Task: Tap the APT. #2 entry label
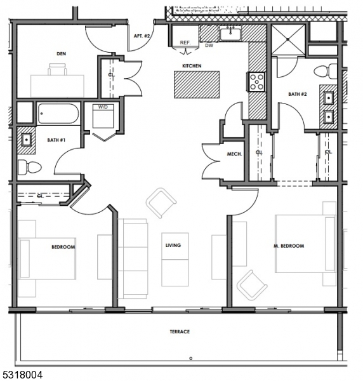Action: click(x=142, y=36)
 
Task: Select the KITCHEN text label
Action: click(x=192, y=65)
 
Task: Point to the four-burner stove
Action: click(x=256, y=82)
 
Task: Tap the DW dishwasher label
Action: click(x=209, y=46)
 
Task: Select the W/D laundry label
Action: click(x=102, y=107)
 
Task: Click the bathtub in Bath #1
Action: click(x=58, y=114)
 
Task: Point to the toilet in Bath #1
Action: click(x=29, y=167)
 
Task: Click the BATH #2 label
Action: click(x=298, y=94)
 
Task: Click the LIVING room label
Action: click(x=173, y=245)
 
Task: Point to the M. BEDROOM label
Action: click(x=289, y=246)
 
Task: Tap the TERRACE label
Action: click(x=180, y=331)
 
